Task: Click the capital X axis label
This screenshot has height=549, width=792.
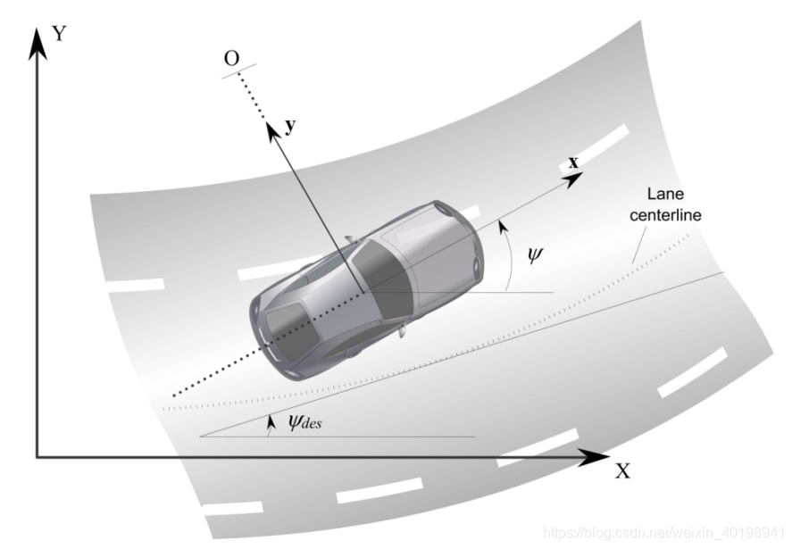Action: (x=622, y=470)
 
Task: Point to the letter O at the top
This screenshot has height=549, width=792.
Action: (x=231, y=58)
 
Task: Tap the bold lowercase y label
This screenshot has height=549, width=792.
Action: (x=289, y=126)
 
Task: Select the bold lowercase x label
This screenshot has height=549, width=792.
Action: (x=573, y=162)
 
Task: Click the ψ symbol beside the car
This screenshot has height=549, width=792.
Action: (x=534, y=254)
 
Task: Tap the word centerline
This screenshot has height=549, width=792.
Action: (x=663, y=214)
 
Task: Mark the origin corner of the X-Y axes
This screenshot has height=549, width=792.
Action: (x=37, y=457)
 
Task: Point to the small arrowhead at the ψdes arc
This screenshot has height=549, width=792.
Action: (x=269, y=419)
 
